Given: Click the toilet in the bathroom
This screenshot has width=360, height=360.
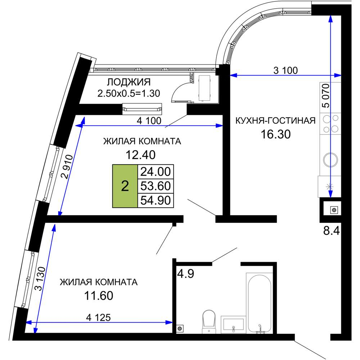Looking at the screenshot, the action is point(209,321).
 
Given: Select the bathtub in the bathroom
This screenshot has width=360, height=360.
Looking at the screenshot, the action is point(260,303).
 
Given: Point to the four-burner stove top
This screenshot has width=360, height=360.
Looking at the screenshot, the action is point(330,123).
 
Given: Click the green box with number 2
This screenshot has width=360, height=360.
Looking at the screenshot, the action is point(125,186).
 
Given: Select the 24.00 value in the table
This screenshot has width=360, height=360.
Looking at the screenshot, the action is point(156,171).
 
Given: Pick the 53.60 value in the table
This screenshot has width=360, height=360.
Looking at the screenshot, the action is point(156,186).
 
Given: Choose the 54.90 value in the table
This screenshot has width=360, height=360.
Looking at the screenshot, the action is point(156,200).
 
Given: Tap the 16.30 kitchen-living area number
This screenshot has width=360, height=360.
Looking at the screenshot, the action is point(275,134).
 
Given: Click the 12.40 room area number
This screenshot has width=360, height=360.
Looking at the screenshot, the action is point(140,155).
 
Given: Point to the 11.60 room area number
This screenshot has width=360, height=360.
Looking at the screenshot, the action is point(99,296).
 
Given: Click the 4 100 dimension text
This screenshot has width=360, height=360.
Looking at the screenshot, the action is point(149,121).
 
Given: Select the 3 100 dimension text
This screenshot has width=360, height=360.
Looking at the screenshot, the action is point(285,70).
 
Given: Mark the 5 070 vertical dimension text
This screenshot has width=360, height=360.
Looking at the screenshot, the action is point(325,96).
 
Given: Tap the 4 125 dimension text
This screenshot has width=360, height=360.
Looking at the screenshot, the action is point(98,318).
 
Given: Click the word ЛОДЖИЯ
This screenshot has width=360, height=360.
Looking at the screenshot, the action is point(129,82).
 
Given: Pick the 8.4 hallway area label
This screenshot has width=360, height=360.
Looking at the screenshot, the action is point(331,231).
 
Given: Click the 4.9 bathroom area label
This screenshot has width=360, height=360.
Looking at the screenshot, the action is point(186,274).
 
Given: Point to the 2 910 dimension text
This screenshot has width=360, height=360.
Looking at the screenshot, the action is point(68,167).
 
